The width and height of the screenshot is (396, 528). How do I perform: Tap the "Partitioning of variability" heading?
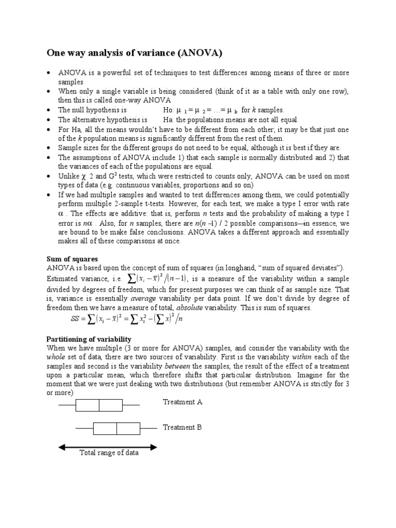coord(89,339)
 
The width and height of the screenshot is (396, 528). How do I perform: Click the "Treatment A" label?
coord(183,402)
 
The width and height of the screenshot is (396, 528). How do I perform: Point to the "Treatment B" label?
coord(183,427)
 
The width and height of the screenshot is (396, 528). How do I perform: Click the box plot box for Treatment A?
coord(99,405)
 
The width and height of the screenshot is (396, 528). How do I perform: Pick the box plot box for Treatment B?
coord(117,428)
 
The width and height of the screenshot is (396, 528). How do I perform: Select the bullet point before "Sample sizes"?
coord(48,147)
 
